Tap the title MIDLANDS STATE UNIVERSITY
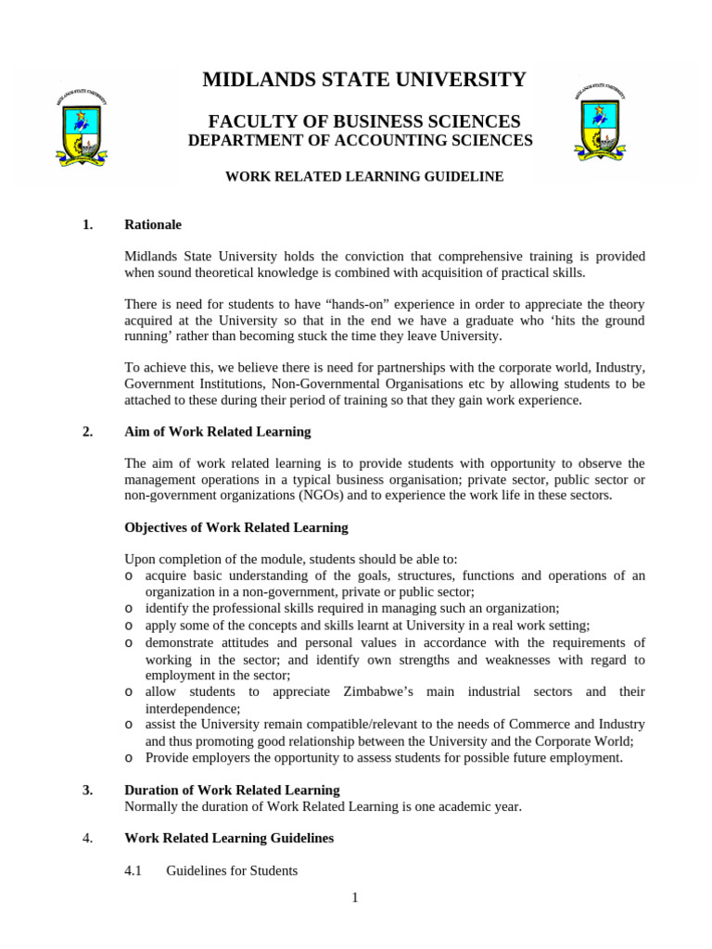tap(364, 80)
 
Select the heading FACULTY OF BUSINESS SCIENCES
tap(364, 121)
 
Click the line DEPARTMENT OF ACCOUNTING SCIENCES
tap(361, 141)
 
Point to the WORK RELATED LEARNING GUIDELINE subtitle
tap(364, 176)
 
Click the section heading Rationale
tap(153, 225)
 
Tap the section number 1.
tap(87, 225)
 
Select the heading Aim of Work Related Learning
tap(218, 432)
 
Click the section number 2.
tap(87, 432)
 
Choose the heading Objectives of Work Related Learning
tap(236, 527)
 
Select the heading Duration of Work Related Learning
tap(232, 791)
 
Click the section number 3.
tap(87, 791)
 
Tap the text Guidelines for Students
tap(232, 871)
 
